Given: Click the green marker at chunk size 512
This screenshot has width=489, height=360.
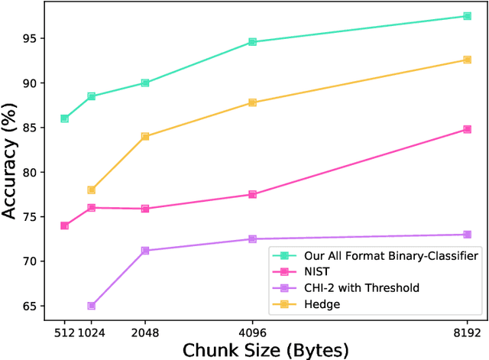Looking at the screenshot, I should coord(65,118).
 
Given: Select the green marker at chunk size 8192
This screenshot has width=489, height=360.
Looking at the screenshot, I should coord(467,16).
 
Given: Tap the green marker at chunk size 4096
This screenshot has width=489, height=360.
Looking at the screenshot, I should coord(252,42).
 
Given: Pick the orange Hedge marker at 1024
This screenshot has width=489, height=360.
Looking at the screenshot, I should coord(92,190).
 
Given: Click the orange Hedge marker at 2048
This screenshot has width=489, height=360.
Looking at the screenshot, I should coord(145,136).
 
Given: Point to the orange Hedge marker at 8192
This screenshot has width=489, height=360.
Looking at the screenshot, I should coord(467,60).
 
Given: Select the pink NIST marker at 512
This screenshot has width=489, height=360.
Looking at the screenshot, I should coord(65,225).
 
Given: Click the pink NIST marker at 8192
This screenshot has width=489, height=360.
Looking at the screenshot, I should coord(467,129).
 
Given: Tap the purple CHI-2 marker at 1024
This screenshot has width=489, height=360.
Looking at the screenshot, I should coord(92,306).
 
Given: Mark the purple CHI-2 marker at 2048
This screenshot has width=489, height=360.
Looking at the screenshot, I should coord(145,250).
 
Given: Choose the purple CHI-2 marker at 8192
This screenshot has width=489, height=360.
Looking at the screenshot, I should coord(467,235).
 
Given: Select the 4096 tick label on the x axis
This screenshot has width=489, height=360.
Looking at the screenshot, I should coord(252,332).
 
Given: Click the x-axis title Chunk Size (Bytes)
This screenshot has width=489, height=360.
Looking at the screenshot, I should coord(265,349).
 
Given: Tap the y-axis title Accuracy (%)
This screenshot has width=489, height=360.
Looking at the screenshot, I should coord(11,162).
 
